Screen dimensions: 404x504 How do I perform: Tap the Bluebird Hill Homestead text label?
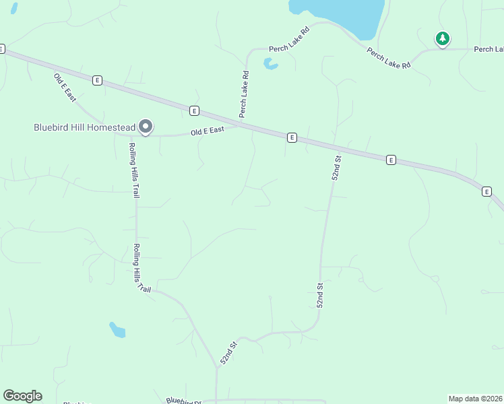[84, 127]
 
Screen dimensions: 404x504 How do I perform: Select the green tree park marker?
[442, 38]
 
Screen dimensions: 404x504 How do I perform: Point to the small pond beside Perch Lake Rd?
[270, 64]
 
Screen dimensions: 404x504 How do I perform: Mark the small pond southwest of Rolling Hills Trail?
[117, 329]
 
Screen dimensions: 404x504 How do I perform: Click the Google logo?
[22, 396]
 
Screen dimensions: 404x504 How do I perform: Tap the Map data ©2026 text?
[475, 399]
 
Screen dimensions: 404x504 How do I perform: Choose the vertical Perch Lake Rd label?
[245, 94]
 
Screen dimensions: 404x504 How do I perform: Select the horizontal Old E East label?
[207, 131]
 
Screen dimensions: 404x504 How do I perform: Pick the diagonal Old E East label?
[65, 87]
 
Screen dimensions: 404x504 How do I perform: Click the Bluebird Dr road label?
[184, 401]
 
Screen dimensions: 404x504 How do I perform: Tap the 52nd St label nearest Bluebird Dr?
[230, 353]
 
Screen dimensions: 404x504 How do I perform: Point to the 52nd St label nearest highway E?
[337, 168]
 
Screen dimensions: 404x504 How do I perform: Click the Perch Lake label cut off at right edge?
[489, 49]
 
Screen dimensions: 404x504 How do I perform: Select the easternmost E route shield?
[486, 192]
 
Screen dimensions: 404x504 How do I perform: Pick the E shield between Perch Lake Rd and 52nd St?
[292, 137]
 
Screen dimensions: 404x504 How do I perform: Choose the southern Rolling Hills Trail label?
[141, 267]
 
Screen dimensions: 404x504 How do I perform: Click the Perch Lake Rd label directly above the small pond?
[289, 40]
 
